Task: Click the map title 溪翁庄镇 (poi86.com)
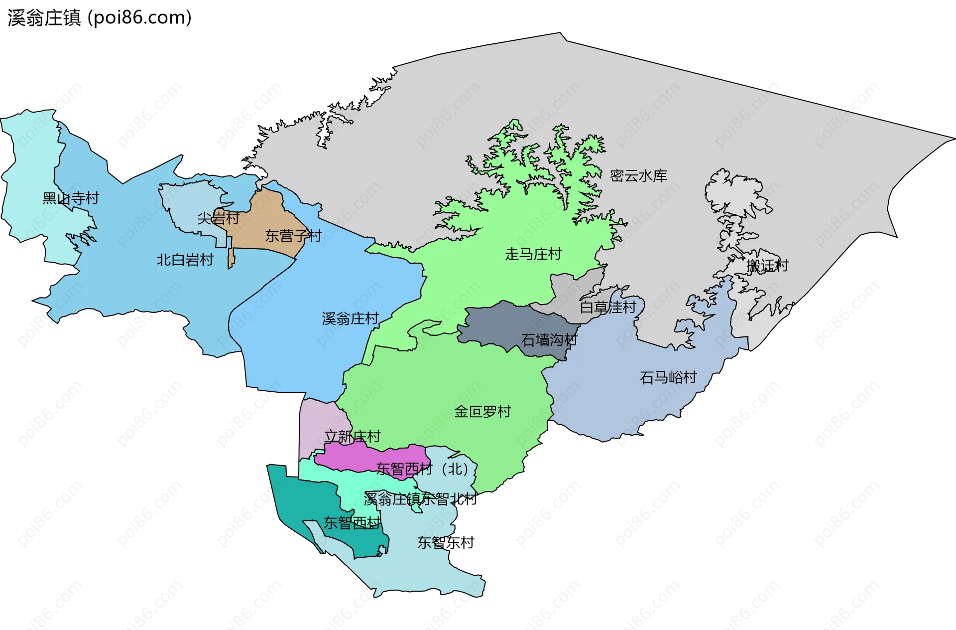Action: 100,18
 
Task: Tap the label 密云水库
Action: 638,175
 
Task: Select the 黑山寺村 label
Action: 71,198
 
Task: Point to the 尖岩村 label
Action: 218,218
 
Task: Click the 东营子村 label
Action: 293,236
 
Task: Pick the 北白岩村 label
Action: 185,260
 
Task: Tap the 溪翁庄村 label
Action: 350,318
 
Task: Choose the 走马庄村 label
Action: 533,254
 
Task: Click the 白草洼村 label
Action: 608,307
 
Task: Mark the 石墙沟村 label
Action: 549,340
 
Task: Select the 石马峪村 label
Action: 668,377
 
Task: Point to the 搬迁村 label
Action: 767,266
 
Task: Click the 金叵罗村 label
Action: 482,412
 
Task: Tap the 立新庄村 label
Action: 353,437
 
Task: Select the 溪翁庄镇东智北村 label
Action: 420,498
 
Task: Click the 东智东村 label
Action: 446,542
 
